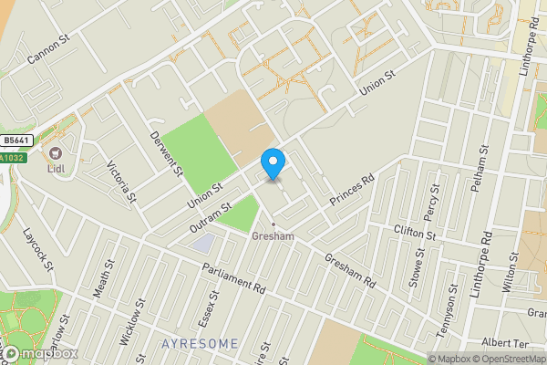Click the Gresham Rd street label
coord(350,271)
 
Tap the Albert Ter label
coord(507,342)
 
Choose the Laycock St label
coord(40,249)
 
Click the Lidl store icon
coord(57,151)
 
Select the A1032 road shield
coord(12,158)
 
